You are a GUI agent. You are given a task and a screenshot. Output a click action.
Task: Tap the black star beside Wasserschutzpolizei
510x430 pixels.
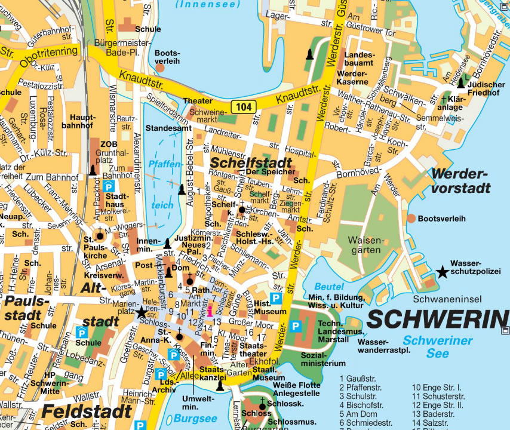[442, 272]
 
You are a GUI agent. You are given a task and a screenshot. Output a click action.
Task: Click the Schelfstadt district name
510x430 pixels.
[250, 162]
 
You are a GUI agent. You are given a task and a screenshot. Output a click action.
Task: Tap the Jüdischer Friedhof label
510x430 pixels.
[483, 89]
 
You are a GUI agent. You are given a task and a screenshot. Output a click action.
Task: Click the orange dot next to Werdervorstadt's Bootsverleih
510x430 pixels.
[411, 219]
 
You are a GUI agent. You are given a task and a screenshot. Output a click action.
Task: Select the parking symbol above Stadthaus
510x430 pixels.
[109, 186]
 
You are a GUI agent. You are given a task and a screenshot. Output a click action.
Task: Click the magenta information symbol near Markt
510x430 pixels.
[210, 311]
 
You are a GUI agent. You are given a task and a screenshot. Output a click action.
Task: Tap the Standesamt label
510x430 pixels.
[168, 128]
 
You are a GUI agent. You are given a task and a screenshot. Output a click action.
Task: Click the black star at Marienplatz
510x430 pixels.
[141, 312]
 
